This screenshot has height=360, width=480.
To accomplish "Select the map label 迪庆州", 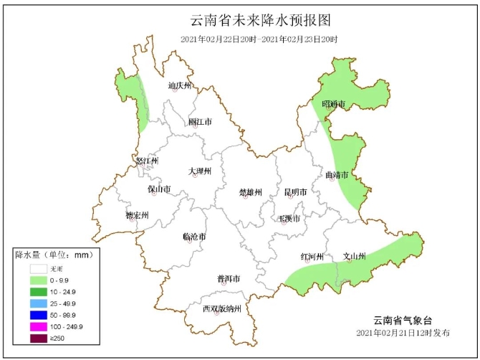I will pyautogui.click(x=180, y=86).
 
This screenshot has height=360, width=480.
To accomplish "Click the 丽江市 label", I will pyautogui.click(x=200, y=122).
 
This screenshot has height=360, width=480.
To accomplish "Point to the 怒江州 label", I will pyautogui.click(x=147, y=161).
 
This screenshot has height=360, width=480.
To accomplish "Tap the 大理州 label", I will pyautogui.click(x=200, y=171).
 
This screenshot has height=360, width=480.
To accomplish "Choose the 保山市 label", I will pyautogui.click(x=159, y=189).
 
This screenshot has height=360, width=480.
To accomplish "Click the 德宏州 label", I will pyautogui.click(x=137, y=215).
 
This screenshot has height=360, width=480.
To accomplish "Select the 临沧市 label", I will pyautogui.click(x=194, y=237).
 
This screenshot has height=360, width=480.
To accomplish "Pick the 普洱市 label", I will pyautogui.click(x=228, y=278).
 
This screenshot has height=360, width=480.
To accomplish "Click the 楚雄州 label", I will pyautogui.click(x=250, y=192).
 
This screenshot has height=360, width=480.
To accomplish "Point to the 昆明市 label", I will pyautogui.click(x=295, y=192).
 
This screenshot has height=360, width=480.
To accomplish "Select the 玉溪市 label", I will pyautogui.click(x=289, y=217).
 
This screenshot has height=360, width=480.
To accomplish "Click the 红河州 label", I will pyautogui.click(x=312, y=257).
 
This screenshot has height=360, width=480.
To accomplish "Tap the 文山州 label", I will pyautogui.click(x=355, y=256).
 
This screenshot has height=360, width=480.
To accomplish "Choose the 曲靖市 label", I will pyautogui.click(x=337, y=174).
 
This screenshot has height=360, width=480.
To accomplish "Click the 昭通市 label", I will pyautogui.click(x=333, y=105).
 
